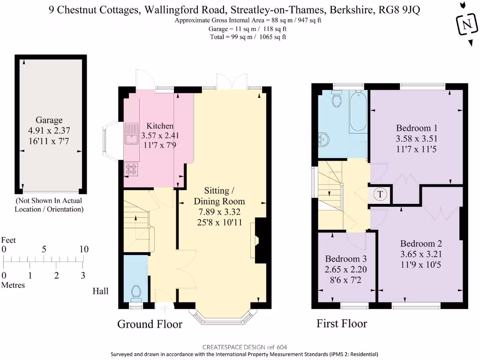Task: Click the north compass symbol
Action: (467, 24)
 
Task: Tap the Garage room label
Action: (49, 120)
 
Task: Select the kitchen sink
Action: (132, 133)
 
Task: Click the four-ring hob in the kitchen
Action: (131, 169)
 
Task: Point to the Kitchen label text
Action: (160, 126)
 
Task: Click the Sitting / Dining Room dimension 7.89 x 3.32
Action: (219, 211)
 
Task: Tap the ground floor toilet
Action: (136, 293)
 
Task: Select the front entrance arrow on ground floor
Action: (165, 308)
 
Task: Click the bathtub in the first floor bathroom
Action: (358, 112)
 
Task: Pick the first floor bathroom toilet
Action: (337, 98)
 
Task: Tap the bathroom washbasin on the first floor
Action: (323, 140)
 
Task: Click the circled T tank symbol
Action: (380, 194)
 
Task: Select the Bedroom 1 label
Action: (417, 128)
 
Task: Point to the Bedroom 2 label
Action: (421, 244)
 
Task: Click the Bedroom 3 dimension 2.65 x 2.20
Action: (345, 270)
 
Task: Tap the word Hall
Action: (100, 291)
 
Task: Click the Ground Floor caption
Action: (150, 324)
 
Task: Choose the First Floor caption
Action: (342, 323)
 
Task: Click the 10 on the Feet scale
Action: (83, 249)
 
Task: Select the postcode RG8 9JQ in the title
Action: (399, 10)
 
